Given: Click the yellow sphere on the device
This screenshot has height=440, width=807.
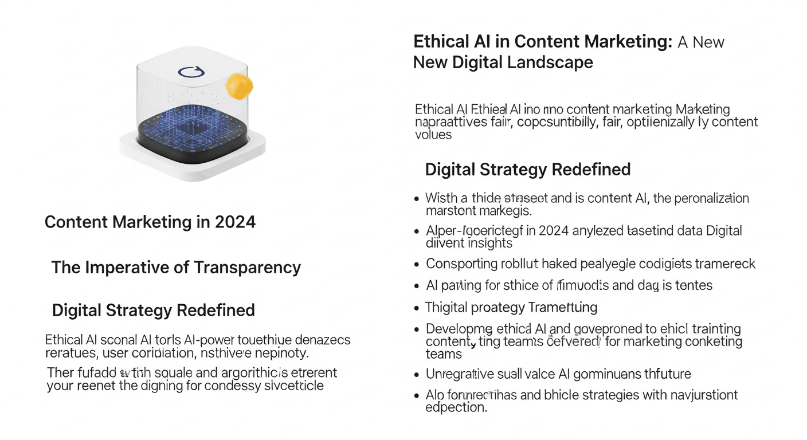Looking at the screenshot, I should point(239,86).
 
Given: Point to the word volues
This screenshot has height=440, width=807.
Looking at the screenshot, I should point(433,135).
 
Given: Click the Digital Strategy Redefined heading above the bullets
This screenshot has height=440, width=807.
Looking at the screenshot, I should point(527,170).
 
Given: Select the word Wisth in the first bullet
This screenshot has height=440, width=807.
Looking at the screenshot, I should point(442,199).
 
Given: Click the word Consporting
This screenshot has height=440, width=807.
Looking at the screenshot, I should point(461,264).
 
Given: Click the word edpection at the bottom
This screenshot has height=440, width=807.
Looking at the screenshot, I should point(456,407).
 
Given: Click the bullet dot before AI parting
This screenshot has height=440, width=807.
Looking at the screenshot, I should point(417,285).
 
